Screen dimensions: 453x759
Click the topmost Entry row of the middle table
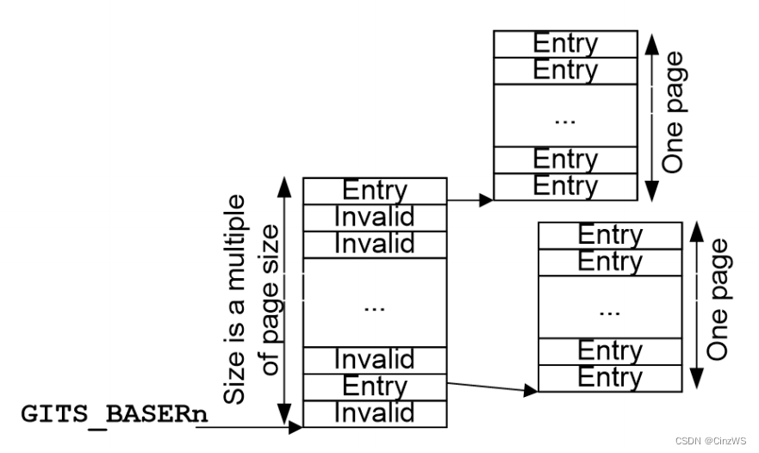pyautogui.click(x=375, y=190)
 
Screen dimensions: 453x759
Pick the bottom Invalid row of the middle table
pyautogui.click(x=375, y=414)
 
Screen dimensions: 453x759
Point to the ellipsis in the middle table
pyautogui.click(x=375, y=306)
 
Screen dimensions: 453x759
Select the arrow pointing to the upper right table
pyautogui.click(x=470, y=200)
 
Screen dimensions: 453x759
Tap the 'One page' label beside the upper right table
pyautogui.click(x=675, y=112)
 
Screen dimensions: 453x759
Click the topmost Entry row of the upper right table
pyautogui.click(x=565, y=43)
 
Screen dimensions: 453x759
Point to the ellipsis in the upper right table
pyautogui.click(x=565, y=119)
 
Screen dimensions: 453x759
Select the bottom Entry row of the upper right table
pyautogui.click(x=565, y=187)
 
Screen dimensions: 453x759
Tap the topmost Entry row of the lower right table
pyautogui.click(x=610, y=235)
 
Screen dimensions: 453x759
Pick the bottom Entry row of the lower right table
pyautogui.click(x=610, y=378)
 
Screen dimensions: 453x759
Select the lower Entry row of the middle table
pyautogui.click(x=375, y=387)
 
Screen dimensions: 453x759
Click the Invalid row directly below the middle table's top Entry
pyautogui.click(x=375, y=217)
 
